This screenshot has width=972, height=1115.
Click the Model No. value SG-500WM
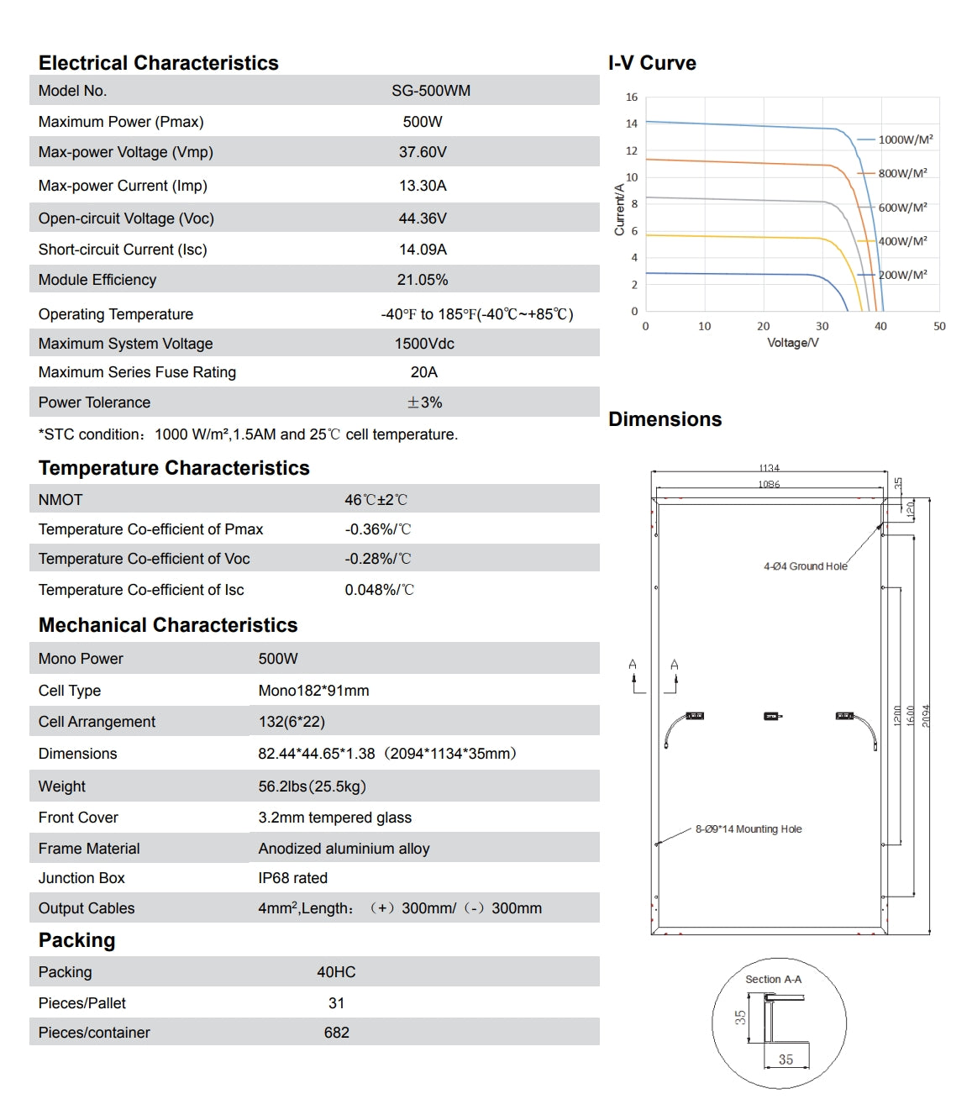coord(430,91)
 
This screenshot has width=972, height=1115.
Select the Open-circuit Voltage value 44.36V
coord(423,218)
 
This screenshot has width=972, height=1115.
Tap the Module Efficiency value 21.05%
coord(423,280)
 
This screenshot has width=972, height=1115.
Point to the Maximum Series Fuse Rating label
coord(137,372)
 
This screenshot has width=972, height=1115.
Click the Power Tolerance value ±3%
coord(424,402)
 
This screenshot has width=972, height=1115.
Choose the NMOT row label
coord(60,500)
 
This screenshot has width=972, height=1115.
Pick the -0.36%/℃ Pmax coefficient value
coord(377,529)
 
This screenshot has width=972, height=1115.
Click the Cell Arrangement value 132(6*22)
coord(292,722)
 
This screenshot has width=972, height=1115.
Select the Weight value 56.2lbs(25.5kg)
coord(312,786)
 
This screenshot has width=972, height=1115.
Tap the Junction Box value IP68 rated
coord(292,878)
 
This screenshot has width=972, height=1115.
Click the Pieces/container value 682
coord(336,1033)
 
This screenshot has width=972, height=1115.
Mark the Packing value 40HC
coord(336,972)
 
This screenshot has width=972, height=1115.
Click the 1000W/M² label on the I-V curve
coord(906,139)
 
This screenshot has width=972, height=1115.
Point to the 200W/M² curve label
coord(903,275)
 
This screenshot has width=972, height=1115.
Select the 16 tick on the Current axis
coord(632,97)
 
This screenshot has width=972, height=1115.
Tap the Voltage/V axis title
coord(792,343)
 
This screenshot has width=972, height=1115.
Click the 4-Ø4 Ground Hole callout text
coord(805,566)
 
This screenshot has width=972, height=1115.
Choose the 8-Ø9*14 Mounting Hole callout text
coord(748,829)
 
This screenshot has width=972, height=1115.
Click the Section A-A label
coord(773,980)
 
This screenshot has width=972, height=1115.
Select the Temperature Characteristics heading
coord(174,468)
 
